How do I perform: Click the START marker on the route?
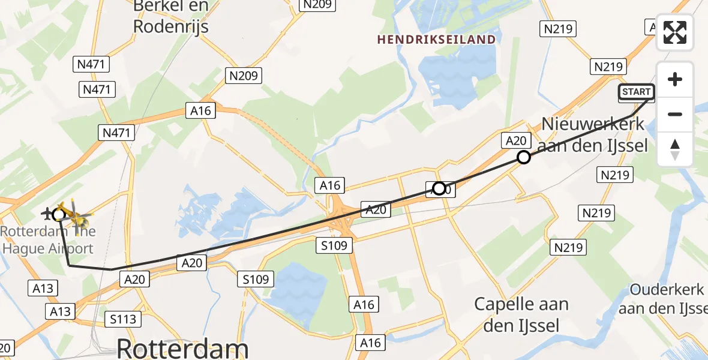coord(637,92)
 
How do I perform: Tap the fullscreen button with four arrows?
coord(675,32)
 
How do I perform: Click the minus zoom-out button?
coord(675,114)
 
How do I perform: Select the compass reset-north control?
coord(675,149)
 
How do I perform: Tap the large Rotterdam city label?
coord(182,348)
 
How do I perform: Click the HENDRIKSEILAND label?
coord(436,40)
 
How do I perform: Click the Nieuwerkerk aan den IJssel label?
coord(593,134)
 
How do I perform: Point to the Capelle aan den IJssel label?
coord(521,314)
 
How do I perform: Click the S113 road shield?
coord(123,319)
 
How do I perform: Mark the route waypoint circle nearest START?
coord(524,157)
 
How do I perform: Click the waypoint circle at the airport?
coord(59,214)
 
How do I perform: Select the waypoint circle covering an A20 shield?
coord(439,188)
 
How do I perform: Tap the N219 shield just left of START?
coord(608,67)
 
